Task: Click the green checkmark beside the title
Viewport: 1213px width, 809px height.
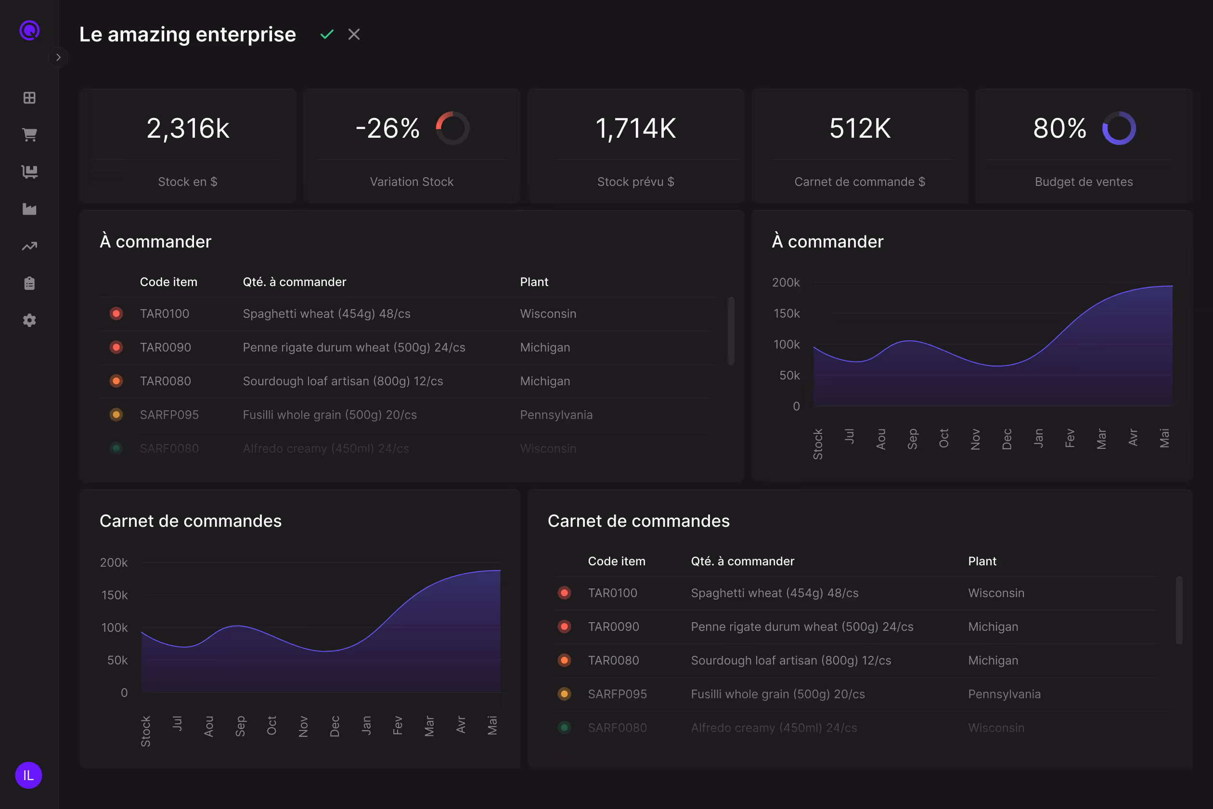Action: tap(327, 35)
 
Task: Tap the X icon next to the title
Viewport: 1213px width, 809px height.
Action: tap(354, 34)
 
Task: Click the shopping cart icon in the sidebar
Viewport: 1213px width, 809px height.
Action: tap(29, 135)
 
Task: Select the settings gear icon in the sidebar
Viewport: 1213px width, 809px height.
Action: tap(29, 320)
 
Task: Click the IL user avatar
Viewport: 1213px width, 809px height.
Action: tap(28, 775)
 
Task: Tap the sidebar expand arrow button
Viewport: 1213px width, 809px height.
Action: tap(58, 57)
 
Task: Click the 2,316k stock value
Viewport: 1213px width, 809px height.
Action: tap(188, 129)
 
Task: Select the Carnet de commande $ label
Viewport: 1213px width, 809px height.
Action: tap(860, 182)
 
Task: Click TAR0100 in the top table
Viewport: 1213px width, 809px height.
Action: tap(165, 313)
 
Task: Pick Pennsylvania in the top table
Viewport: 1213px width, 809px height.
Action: tap(556, 415)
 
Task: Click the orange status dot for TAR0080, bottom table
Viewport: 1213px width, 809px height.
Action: tap(564, 660)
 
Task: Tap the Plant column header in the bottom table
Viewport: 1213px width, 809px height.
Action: tap(982, 561)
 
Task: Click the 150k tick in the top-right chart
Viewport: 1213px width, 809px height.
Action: tap(787, 313)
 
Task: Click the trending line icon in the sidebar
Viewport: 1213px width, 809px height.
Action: tap(29, 246)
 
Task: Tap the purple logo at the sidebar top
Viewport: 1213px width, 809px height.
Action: tap(29, 30)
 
